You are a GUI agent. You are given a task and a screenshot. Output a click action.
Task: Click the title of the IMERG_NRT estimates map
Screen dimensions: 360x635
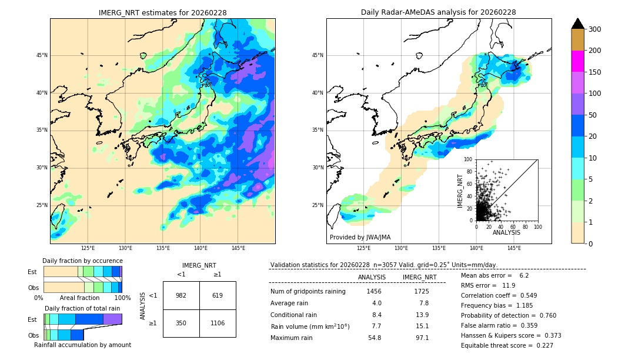point(162,12)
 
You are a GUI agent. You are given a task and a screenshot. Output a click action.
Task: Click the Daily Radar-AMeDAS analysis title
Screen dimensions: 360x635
point(439,12)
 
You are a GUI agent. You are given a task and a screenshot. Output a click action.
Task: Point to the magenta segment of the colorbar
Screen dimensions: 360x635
point(577,61)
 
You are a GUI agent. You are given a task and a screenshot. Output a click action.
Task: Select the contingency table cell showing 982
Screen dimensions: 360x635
point(181,295)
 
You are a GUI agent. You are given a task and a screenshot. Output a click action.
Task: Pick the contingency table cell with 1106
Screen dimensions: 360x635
point(218,323)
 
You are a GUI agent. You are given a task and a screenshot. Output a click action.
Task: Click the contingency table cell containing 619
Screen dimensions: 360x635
point(218,295)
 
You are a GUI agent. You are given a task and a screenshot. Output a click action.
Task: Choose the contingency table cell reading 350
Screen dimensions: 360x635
point(181,323)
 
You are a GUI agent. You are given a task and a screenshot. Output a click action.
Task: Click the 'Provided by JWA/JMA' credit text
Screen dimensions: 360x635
point(360,238)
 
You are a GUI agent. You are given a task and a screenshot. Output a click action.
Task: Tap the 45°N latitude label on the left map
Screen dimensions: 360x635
point(42,55)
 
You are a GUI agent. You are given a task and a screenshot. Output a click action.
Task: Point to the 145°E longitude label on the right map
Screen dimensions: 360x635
point(514,248)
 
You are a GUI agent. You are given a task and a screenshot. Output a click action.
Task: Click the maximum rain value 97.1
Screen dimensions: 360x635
point(422,338)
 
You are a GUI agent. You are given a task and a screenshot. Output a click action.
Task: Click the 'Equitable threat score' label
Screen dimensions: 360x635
point(498,345)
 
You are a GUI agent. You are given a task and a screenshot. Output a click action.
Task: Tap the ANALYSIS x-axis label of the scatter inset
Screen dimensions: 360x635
point(506,232)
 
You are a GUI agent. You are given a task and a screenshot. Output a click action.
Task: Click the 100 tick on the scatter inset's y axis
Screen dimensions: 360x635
point(469,159)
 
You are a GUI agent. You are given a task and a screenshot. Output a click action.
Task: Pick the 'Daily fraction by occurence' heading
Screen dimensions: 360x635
point(82,261)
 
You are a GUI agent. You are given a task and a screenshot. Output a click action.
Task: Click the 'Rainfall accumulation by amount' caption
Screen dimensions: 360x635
point(82,345)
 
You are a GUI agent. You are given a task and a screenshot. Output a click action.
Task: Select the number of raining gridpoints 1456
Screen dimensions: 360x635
point(374,291)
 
